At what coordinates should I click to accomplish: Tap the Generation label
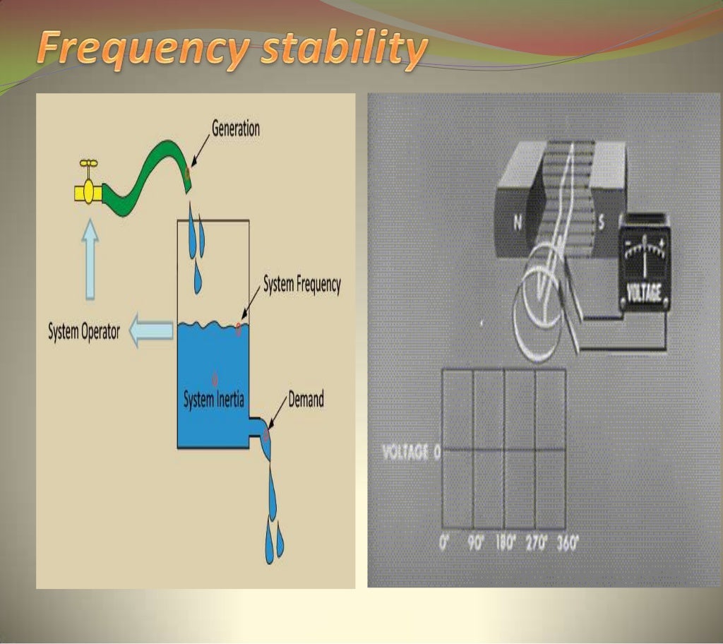tap(236, 129)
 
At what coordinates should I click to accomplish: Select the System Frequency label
tap(301, 285)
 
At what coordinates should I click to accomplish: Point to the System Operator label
tap(84, 331)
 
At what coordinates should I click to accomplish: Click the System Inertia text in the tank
tap(213, 400)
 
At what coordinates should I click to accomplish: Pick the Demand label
tap(306, 400)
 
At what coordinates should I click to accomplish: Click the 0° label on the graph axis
tap(443, 544)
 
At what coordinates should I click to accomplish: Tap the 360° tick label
tap(567, 544)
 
